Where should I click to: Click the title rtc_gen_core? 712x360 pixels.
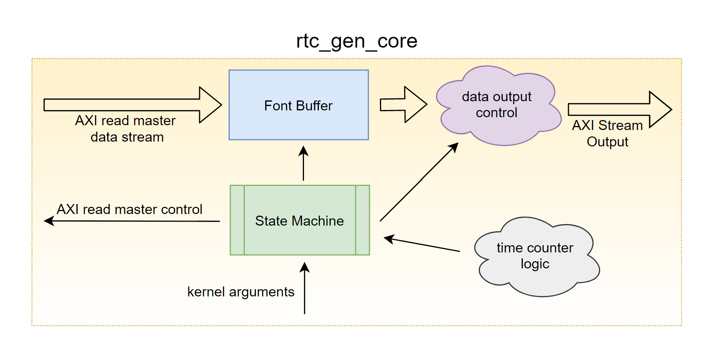[356, 41]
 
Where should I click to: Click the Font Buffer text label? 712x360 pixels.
[298, 106]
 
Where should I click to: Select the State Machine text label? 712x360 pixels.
[299, 221]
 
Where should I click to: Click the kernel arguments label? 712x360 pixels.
[240, 292]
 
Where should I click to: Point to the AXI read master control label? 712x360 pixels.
[129, 209]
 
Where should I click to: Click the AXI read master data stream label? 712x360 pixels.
[126, 129]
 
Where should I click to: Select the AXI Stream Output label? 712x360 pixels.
[607, 134]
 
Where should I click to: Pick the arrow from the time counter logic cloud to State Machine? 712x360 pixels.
[422, 244]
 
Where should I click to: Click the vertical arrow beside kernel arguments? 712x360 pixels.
[304, 288]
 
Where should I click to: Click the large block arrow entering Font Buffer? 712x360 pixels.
[132, 105]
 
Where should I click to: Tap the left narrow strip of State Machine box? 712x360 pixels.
[237, 220]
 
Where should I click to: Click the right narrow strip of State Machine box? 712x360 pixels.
[362, 220]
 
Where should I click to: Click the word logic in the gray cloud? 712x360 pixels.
[535, 264]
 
